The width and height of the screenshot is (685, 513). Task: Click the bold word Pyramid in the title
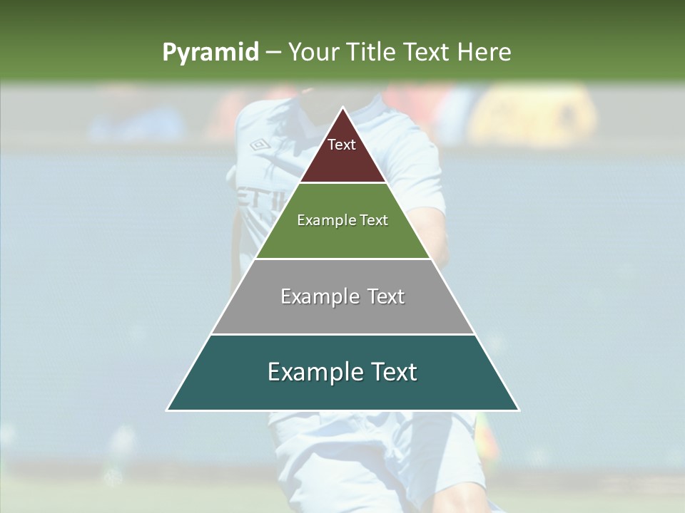point(210,53)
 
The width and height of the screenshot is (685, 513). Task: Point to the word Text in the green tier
point(374,221)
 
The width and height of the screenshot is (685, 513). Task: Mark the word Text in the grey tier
point(386,296)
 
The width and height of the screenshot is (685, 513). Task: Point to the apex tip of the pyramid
point(343,108)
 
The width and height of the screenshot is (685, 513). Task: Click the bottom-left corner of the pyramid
point(168,410)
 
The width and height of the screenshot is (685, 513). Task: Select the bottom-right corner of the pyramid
point(518,410)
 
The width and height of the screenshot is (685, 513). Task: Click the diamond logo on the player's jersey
point(258,145)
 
